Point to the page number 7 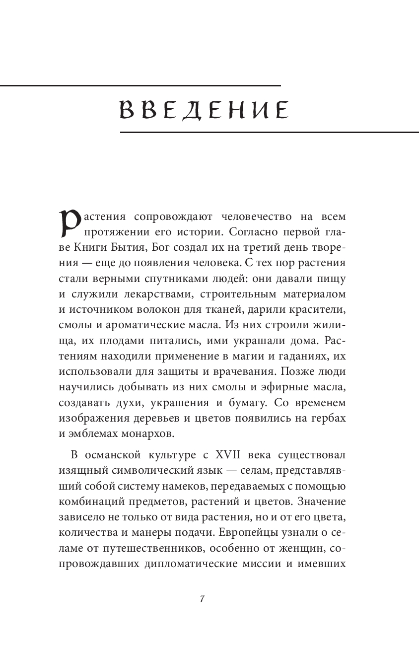[202, 598]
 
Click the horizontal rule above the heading [140, 86]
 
